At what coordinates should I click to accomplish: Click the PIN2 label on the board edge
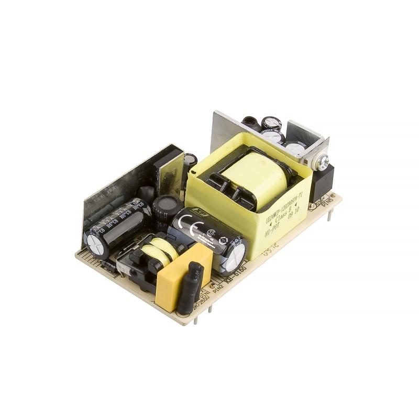coord(218,288)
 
